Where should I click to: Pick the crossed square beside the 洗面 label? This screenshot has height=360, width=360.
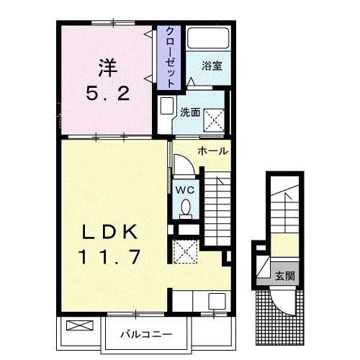214,117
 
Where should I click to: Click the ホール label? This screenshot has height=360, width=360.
213,151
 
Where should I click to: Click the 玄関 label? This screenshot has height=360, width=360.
284,276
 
